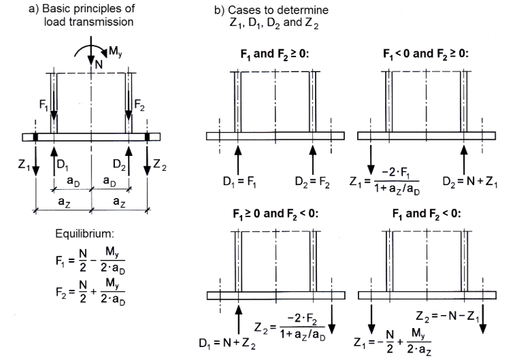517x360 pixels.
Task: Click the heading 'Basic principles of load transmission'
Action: click(82, 15)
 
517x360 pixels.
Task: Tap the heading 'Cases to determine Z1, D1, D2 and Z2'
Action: click(271, 17)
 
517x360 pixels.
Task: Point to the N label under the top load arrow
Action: click(99, 65)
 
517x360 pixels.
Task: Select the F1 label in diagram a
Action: click(44, 105)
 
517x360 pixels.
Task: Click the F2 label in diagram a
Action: click(139, 105)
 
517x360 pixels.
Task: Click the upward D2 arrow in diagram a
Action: click(129, 161)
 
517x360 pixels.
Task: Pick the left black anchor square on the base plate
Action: click(35, 137)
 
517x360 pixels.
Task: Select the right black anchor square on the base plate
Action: click(147, 137)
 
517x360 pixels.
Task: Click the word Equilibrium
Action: click(84, 233)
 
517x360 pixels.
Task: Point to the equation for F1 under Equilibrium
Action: click(90, 261)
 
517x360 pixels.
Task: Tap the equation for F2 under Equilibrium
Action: click(90, 292)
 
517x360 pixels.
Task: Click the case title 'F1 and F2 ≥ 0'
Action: click(275, 54)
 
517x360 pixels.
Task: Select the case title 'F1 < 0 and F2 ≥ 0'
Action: click(426, 54)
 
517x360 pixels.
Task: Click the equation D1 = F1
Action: click(239, 182)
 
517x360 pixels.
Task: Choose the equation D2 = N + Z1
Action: click(470, 182)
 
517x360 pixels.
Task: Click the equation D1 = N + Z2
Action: click(227, 344)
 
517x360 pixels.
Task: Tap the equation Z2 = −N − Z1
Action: click(448, 316)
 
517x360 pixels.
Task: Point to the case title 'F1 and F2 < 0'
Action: click(427, 214)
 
